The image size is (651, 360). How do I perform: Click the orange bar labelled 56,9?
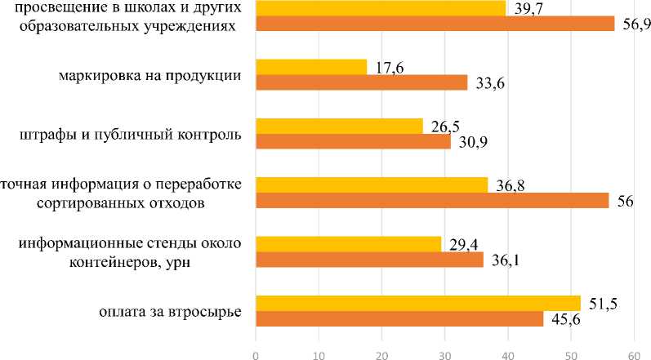click(435, 23)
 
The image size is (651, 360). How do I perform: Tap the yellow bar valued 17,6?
click(311, 67)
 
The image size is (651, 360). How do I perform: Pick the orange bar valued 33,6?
click(362, 82)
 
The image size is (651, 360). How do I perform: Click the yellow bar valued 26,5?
click(339, 126)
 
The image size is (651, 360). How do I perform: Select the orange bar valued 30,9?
click(353, 141)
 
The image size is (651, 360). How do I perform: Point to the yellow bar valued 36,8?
click(372, 184)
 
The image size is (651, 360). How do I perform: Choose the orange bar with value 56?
click(432, 200)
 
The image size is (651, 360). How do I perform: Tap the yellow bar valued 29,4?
click(348, 243)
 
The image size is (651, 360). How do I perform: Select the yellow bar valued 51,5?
click(418, 303)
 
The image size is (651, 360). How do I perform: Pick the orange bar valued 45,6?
click(399, 318)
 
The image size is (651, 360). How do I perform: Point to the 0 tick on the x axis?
click(256, 353)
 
